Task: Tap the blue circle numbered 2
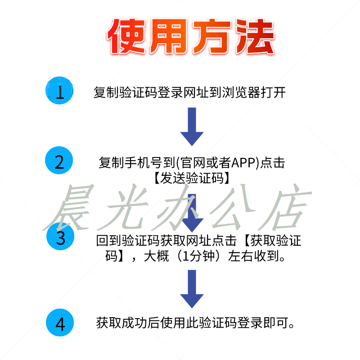pos(60,161)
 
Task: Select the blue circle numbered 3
pos(60,237)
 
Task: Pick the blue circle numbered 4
pos(60,323)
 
